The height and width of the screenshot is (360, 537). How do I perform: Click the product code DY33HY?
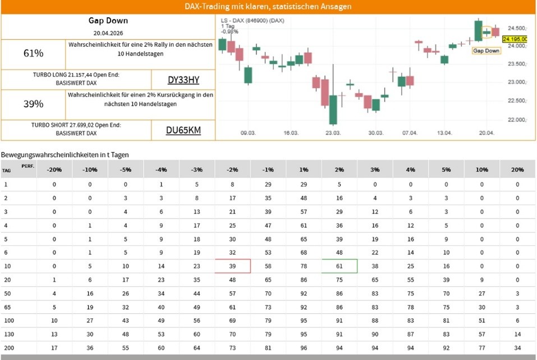(183, 80)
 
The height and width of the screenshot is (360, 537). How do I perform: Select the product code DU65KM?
(183, 131)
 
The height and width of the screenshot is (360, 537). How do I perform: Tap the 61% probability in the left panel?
(34, 53)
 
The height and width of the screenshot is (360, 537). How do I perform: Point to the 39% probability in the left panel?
(34, 104)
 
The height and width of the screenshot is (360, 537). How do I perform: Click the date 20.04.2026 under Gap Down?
(108, 33)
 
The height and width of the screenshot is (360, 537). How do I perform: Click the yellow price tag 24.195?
(515, 39)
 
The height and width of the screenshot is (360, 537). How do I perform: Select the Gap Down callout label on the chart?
(486, 51)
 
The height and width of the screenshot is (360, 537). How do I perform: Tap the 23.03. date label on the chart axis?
(333, 134)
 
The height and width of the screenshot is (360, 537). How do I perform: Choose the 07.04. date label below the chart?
(410, 134)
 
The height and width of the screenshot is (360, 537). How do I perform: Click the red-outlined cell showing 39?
(232, 266)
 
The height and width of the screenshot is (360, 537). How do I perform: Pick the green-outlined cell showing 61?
(339, 266)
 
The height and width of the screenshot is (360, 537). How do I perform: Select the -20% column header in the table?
(54, 169)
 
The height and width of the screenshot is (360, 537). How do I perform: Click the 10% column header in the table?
(482, 169)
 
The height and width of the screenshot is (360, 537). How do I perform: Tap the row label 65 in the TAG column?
(7, 307)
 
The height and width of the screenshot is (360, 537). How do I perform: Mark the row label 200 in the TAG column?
(8, 348)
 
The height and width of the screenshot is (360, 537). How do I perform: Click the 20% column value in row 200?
(517, 348)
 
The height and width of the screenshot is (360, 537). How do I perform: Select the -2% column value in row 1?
(232, 184)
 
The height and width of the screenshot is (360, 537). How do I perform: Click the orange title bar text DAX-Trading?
(268, 7)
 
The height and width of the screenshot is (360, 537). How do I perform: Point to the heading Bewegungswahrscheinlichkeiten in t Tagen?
(65, 154)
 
